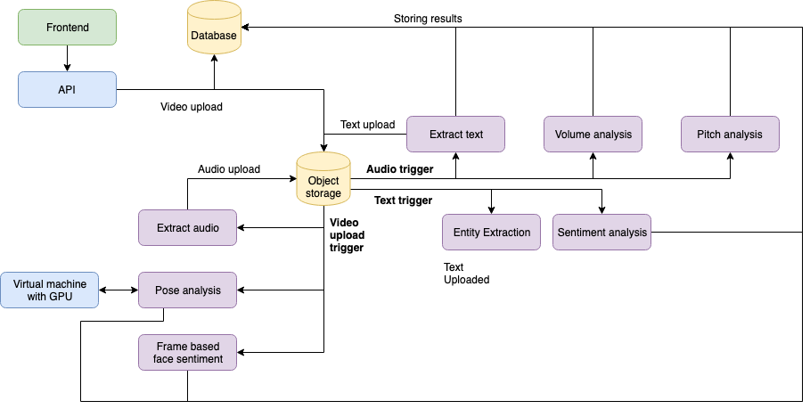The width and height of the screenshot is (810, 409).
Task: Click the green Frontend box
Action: [67, 28]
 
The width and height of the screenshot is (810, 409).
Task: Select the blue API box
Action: [67, 89]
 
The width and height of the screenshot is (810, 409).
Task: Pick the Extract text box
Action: [455, 135]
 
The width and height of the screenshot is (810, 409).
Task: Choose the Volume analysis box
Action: [593, 135]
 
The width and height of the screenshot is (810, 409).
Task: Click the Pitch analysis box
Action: [730, 135]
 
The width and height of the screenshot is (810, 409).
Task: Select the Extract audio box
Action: [187, 227]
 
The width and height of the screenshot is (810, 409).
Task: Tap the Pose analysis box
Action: [187, 290]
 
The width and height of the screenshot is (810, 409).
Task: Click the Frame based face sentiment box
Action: [187, 352]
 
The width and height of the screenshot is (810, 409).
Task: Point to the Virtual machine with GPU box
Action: [50, 290]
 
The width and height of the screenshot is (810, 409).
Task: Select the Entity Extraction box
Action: [491, 232]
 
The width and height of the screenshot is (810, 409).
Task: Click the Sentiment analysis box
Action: [601, 232]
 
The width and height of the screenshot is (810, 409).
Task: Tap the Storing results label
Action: [428, 18]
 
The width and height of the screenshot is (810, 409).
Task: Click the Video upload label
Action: [192, 107]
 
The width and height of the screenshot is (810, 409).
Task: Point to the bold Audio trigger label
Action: [400, 168]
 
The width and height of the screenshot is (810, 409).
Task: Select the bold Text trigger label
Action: [404, 200]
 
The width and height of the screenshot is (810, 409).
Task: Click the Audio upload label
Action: [229, 168]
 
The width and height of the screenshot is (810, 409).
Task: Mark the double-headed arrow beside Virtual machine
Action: [119, 290]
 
